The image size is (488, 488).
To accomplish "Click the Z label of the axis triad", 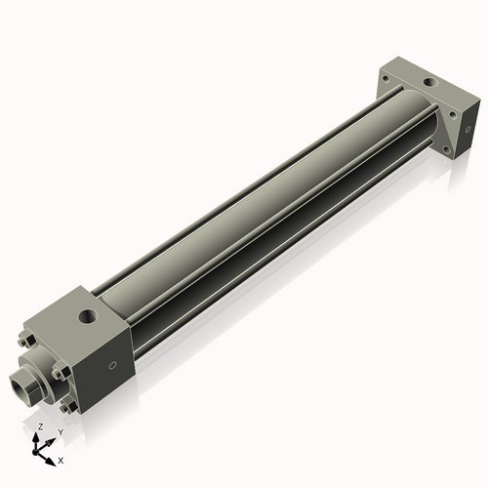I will [x=40, y=427].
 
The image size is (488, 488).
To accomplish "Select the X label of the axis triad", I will [x=61, y=459].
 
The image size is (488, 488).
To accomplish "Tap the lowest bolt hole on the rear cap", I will [x=450, y=152].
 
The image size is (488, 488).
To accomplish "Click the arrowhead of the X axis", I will [x=53, y=456].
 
